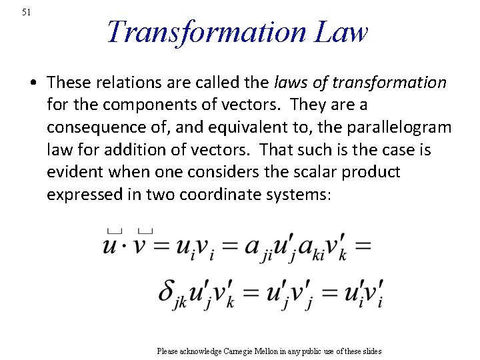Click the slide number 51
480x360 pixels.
26,12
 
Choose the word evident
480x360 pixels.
73,172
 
